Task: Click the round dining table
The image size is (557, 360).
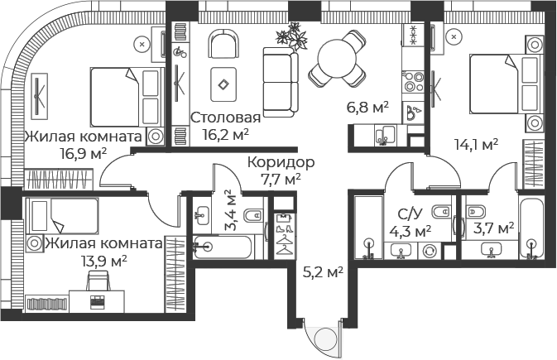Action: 337,58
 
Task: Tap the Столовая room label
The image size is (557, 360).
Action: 226,118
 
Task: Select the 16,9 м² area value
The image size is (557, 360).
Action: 84,154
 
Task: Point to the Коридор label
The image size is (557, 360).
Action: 281,162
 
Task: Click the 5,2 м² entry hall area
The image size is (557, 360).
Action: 323,272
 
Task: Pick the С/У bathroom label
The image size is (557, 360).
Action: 411,214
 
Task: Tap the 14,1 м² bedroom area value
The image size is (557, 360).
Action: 477,144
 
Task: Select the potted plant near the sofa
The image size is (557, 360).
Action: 291,36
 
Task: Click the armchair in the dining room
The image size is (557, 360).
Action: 223,45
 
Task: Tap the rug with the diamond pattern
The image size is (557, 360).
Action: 223,84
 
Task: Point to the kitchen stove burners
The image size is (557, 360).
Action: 413,82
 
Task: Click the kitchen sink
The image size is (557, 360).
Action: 385,136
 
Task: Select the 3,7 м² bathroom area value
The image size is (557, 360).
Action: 494,228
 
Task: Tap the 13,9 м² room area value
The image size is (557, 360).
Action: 104,262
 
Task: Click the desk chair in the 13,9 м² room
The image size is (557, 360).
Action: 98,281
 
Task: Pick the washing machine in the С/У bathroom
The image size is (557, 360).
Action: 429,251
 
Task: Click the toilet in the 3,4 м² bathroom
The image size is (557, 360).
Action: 253,215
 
